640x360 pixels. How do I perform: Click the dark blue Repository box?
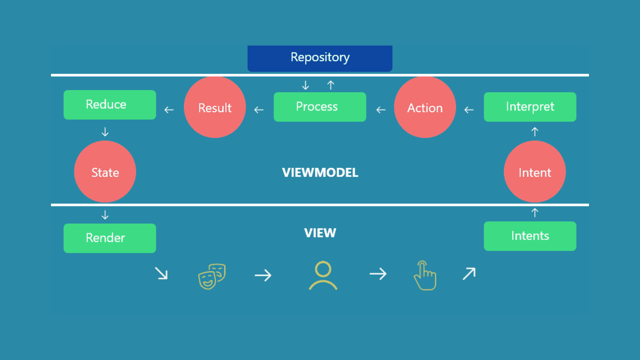[x=320, y=58]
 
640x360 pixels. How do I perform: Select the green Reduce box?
[x=110, y=105]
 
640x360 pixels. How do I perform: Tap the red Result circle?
[x=215, y=107]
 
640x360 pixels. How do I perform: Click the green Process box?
[x=320, y=107]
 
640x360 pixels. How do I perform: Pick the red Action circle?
[x=425, y=107]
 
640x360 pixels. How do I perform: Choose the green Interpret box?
[x=530, y=107]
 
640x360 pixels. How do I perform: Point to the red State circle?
[x=105, y=172]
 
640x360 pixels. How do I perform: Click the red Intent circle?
[x=535, y=172]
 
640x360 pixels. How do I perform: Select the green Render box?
[x=110, y=238]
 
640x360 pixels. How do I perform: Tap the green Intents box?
[x=530, y=236]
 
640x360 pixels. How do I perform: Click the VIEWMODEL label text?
[x=320, y=173]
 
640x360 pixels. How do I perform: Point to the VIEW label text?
[x=320, y=233]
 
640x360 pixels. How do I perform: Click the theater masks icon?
[x=212, y=276]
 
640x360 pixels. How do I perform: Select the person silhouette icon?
[x=323, y=276]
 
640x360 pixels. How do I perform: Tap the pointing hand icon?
[x=425, y=276]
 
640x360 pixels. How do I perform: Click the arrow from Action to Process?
[x=381, y=110]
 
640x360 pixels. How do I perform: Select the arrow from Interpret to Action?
[x=469, y=110]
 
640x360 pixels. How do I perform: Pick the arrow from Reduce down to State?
[x=105, y=132]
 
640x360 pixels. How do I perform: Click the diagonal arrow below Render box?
[x=162, y=274]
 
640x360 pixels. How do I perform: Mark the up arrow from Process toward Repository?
[x=331, y=85]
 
